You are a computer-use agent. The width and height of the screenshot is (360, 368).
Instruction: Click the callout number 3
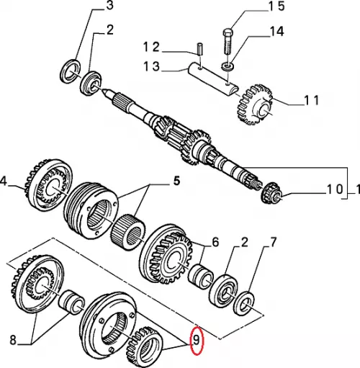click(x=109, y=6)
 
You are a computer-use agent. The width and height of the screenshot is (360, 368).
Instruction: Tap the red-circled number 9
click(x=197, y=340)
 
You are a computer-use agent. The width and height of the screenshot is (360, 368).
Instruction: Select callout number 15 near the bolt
click(x=276, y=6)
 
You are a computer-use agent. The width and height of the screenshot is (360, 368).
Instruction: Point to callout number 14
click(x=277, y=32)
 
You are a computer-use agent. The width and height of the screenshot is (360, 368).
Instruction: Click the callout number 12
click(x=151, y=47)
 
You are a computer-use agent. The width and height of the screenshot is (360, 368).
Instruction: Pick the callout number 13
click(x=151, y=66)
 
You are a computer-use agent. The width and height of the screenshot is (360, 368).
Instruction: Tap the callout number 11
click(x=311, y=100)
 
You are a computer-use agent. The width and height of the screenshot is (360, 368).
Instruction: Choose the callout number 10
click(x=335, y=189)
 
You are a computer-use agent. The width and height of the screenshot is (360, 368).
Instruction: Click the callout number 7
click(x=273, y=243)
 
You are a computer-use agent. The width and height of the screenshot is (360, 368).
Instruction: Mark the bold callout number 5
click(x=176, y=181)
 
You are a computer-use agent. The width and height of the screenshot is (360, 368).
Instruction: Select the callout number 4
click(x=4, y=181)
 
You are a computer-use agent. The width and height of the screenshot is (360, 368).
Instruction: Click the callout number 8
click(x=13, y=340)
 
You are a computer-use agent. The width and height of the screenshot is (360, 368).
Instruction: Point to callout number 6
click(x=215, y=243)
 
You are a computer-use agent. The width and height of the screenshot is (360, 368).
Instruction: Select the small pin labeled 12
click(x=200, y=49)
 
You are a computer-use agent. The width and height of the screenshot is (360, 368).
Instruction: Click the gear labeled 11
click(x=255, y=104)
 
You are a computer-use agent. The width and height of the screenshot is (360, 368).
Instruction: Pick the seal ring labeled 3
click(x=70, y=71)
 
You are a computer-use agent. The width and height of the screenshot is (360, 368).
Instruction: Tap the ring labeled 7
click(x=245, y=302)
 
